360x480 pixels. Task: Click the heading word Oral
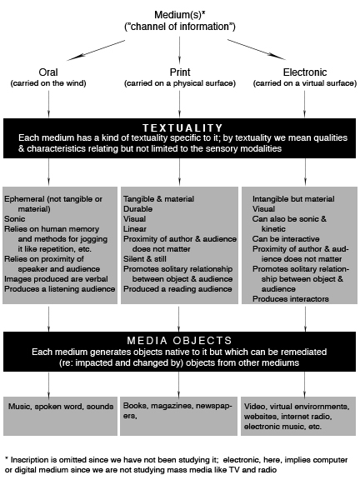click(48, 72)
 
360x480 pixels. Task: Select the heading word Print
click(180, 72)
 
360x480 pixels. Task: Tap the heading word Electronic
click(305, 72)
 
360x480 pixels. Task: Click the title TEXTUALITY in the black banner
click(182, 127)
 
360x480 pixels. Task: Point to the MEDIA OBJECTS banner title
click(180, 340)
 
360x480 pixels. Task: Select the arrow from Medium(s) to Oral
click(96, 50)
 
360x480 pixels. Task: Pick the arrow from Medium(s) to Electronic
click(257, 50)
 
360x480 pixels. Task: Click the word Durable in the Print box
click(137, 209)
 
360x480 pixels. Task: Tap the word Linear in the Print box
click(135, 228)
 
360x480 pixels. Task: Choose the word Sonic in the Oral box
click(15, 219)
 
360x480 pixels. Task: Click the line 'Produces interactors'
click(291, 299)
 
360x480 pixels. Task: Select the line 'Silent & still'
click(145, 258)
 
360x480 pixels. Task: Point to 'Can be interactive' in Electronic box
click(286, 239)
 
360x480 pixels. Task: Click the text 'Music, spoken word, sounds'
click(61, 407)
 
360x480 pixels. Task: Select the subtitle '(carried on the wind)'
click(48, 83)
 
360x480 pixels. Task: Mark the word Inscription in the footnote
click(30, 460)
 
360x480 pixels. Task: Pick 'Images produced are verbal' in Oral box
click(56, 279)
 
